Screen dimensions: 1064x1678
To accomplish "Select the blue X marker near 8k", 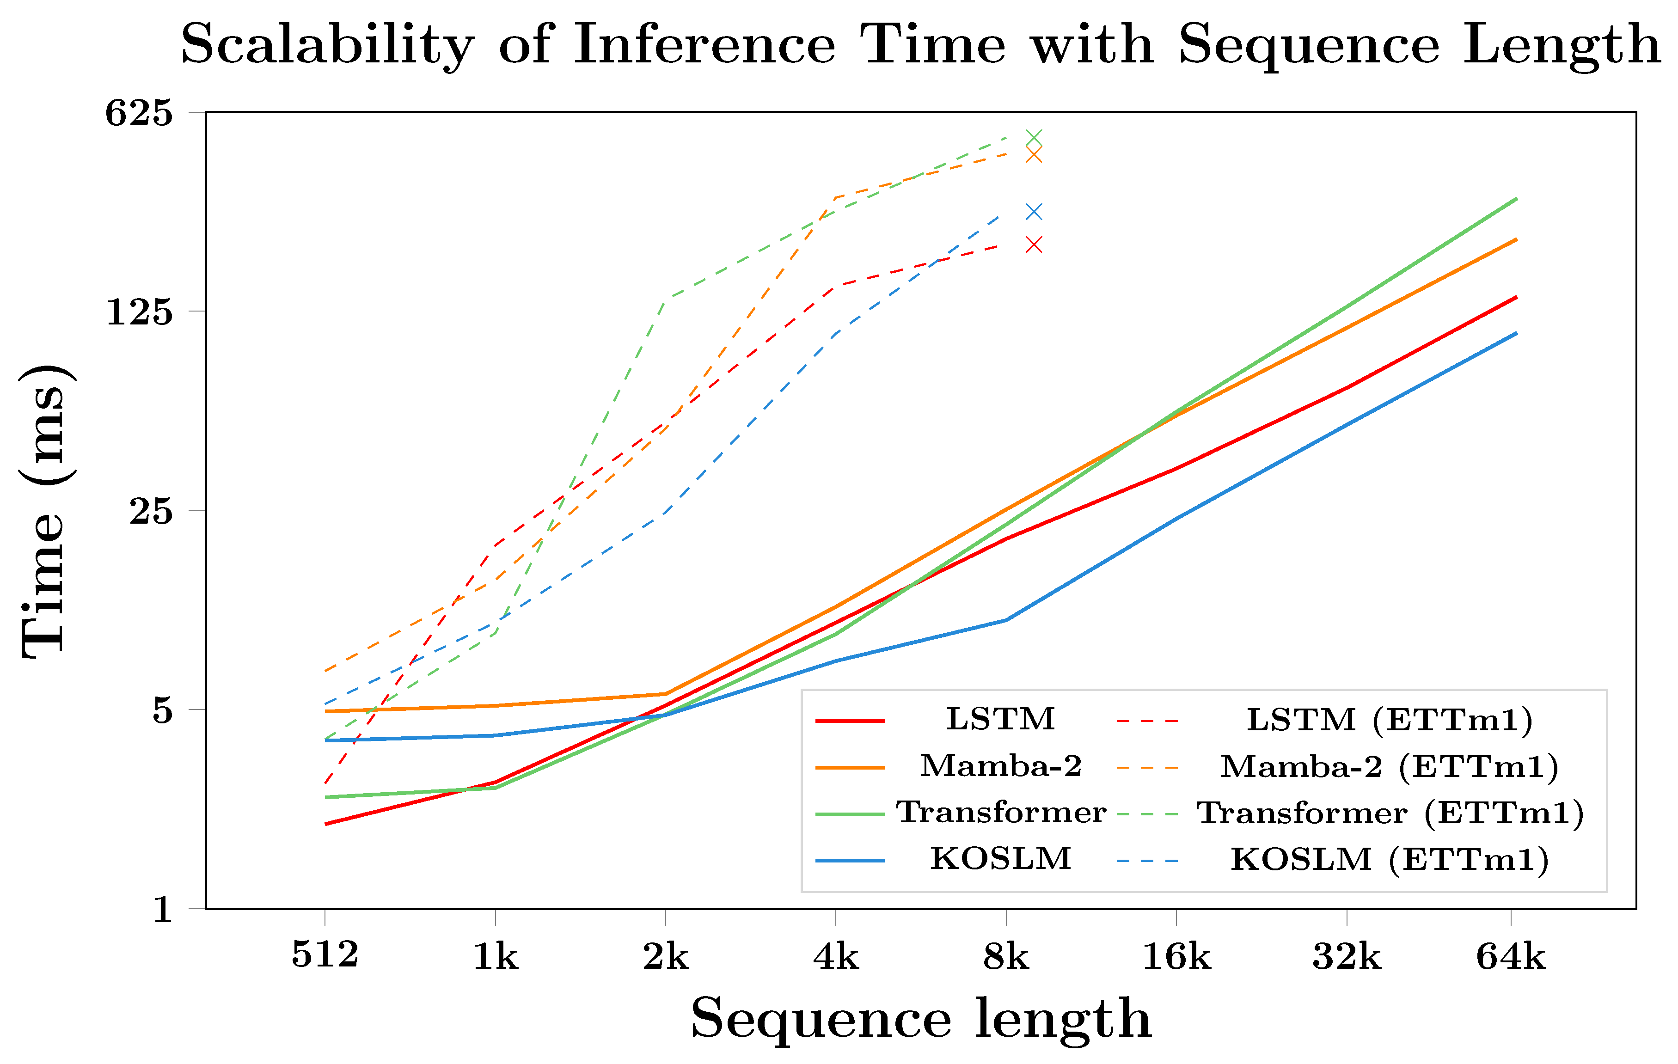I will click(x=1034, y=212).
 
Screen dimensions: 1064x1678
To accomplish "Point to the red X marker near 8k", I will click(x=1034, y=245).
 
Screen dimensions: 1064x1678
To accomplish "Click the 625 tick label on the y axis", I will click(x=139, y=113).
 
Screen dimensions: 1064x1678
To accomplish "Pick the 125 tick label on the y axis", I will click(x=139, y=312).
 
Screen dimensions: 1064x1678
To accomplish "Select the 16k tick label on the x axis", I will click(x=1176, y=957).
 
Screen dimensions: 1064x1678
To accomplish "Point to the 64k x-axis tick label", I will click(x=1510, y=957).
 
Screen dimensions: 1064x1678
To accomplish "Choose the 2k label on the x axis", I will click(x=666, y=957).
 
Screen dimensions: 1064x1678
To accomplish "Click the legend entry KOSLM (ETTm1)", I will click(x=1390, y=859).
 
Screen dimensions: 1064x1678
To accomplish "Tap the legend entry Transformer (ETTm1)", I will click(x=1390, y=813).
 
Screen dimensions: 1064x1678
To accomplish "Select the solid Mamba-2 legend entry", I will click(x=1001, y=766).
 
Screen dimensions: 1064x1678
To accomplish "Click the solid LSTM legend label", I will click(x=1001, y=719).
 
